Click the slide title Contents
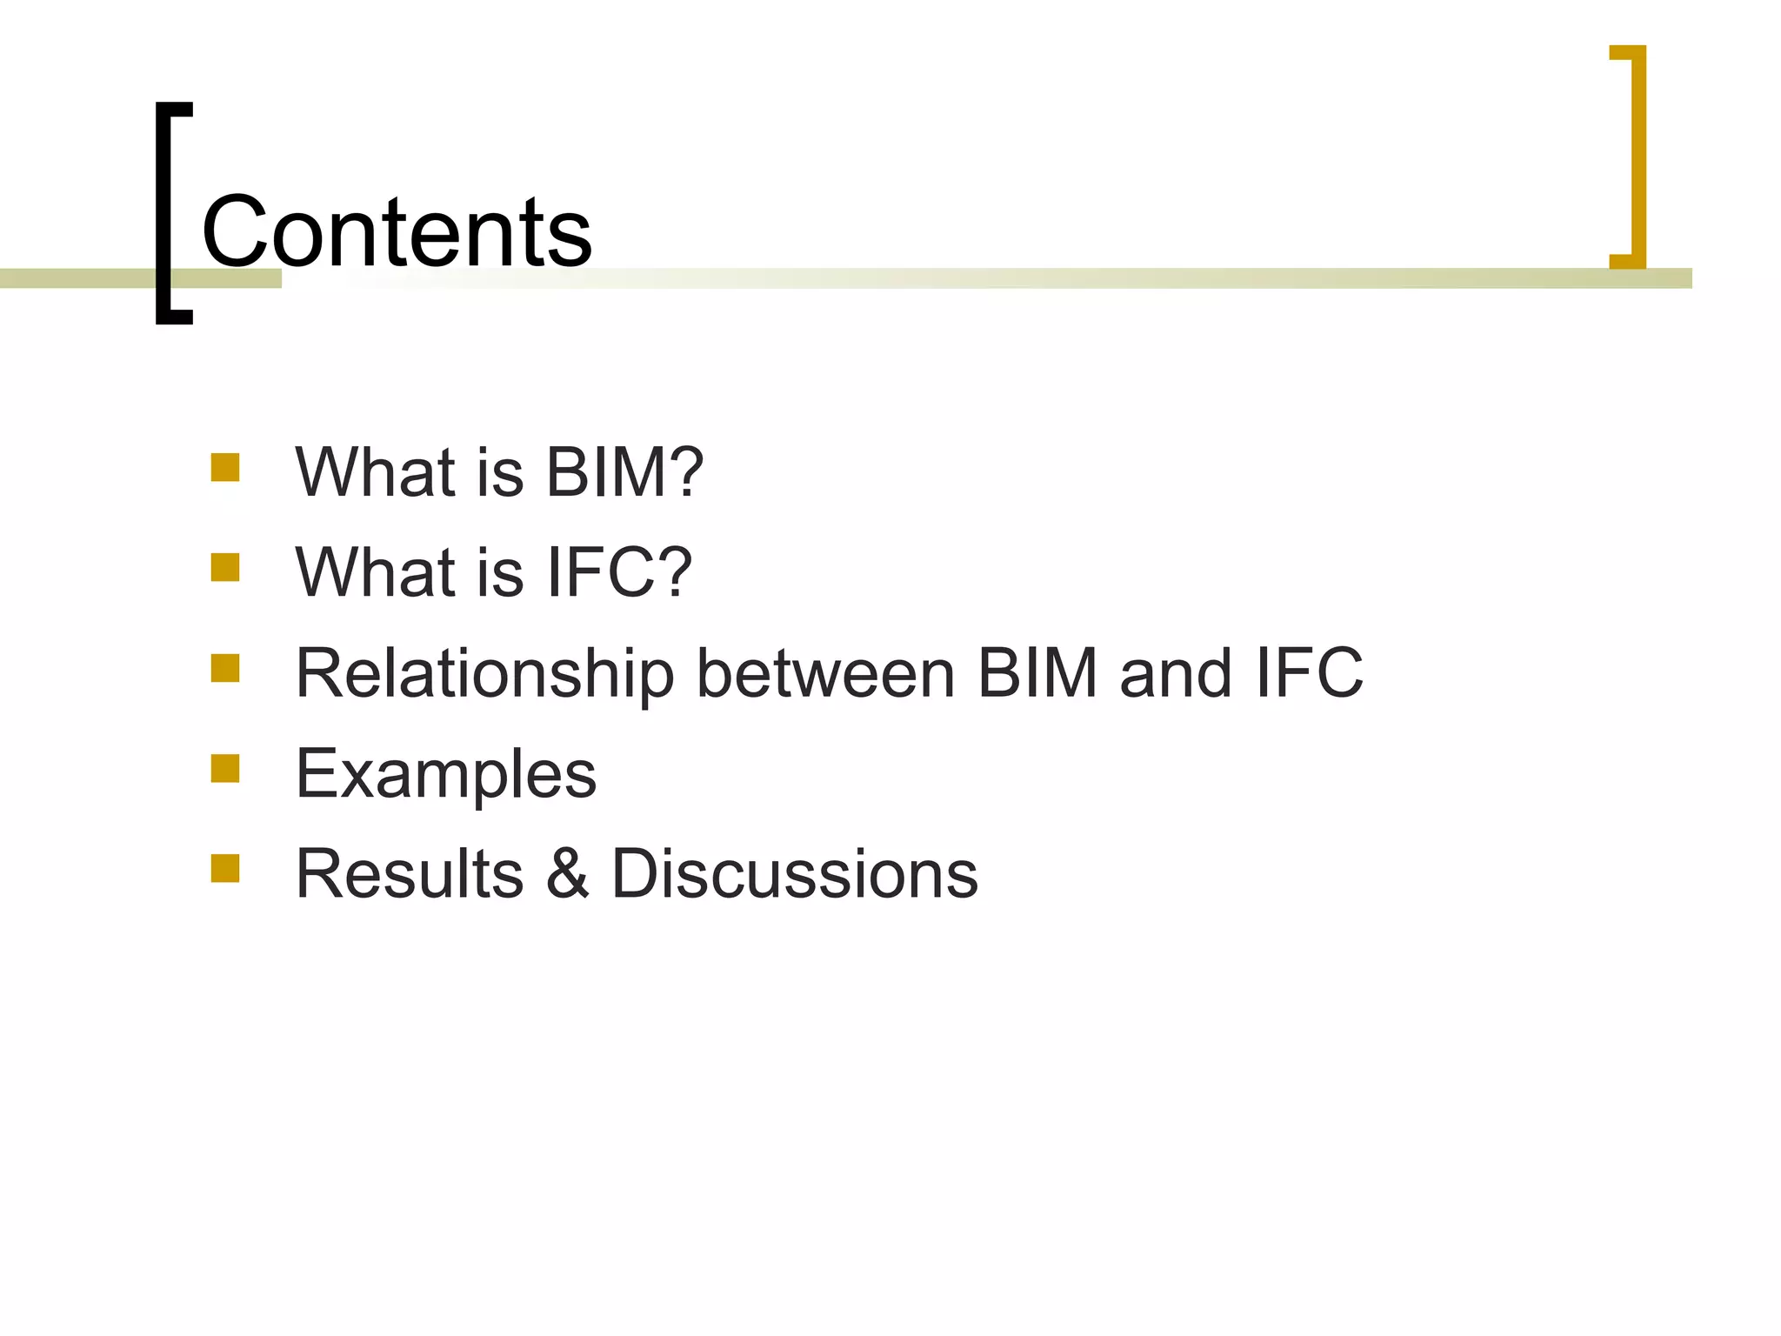coord(397,232)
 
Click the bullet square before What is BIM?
coord(225,467)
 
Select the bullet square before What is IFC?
coord(225,567)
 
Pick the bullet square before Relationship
coord(225,668)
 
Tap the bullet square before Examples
coord(225,768)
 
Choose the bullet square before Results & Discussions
coord(225,868)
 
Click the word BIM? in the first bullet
coord(624,472)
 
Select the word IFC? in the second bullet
coord(618,572)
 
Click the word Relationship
coord(484,674)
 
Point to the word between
coord(825,673)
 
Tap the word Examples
coord(446,774)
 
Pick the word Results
coord(410,873)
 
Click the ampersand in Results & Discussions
coord(568,873)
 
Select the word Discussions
coord(794,873)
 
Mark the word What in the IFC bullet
coord(375,572)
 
